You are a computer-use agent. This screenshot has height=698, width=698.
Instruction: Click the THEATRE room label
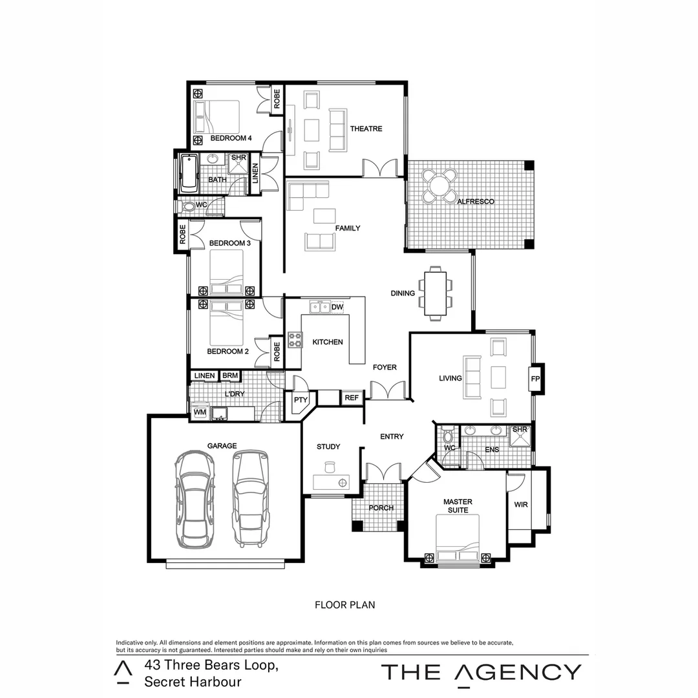(366, 129)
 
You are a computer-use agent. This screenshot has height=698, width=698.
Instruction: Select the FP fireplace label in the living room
(535, 379)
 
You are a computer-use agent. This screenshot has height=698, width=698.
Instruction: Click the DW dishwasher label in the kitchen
(337, 307)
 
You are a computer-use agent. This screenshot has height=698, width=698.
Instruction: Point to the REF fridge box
(352, 398)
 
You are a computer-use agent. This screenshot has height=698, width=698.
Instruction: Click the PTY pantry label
(301, 400)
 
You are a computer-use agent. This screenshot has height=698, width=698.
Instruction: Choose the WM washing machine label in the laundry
(199, 412)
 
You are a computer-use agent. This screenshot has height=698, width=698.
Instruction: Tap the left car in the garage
(195, 498)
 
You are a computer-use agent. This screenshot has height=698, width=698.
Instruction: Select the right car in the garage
(250, 498)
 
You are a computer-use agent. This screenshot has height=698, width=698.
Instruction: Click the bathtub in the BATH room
(188, 173)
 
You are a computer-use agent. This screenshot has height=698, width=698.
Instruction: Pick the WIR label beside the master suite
(520, 505)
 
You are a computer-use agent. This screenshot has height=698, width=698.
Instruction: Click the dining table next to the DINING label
(436, 293)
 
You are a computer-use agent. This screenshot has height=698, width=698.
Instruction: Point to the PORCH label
(381, 508)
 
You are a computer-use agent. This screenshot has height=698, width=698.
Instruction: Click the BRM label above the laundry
(229, 375)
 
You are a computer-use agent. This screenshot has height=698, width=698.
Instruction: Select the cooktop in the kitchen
(295, 339)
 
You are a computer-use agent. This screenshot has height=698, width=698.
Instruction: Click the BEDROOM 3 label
(229, 243)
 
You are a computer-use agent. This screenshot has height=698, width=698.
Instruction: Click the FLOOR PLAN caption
(344, 606)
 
